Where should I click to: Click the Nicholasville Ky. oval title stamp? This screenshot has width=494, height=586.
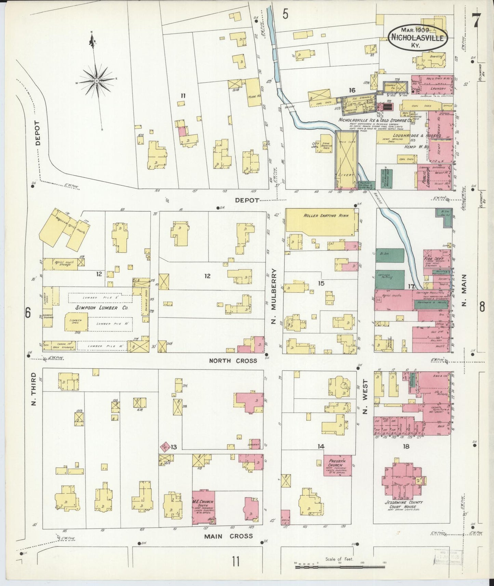pyautogui.click(x=418, y=37)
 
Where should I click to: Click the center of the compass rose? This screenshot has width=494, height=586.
pyautogui.click(x=97, y=81)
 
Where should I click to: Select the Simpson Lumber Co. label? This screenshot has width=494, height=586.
pyautogui.click(x=97, y=308)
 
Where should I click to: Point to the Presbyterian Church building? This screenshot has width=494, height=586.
pyautogui.click(x=337, y=465)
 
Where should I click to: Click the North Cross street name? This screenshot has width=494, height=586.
pyautogui.click(x=233, y=361)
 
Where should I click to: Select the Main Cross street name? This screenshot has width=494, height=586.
pyautogui.click(x=228, y=536)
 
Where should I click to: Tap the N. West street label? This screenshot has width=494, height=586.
pyautogui.click(x=365, y=397)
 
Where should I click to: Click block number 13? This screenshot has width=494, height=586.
pyautogui.click(x=174, y=447)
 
